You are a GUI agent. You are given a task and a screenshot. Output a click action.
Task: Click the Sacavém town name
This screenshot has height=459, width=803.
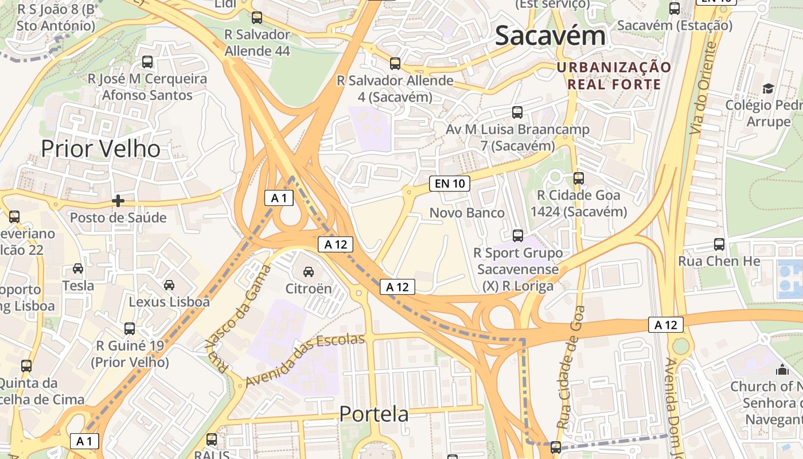(550, 36)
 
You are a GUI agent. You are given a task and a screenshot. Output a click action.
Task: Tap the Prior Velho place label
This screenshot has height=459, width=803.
(100, 149)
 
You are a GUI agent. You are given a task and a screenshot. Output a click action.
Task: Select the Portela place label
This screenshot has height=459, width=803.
(374, 414)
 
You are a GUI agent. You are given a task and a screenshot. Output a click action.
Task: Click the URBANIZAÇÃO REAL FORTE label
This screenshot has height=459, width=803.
(614, 76)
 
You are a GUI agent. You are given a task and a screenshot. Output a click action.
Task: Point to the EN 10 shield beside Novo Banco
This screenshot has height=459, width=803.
(450, 184)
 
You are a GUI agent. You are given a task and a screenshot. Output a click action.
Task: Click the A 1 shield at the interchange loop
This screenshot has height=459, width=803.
(279, 199)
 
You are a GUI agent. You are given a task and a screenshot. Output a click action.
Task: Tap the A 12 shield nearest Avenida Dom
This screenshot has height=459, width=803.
(666, 325)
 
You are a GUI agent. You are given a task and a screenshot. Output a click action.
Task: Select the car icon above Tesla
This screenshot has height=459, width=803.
(78, 269)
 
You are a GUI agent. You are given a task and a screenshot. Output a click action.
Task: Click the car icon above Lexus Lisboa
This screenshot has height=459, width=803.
(169, 285)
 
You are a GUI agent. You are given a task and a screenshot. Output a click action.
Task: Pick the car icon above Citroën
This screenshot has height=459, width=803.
(309, 271)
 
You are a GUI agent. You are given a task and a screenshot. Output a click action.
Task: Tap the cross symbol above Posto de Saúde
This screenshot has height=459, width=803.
(118, 201)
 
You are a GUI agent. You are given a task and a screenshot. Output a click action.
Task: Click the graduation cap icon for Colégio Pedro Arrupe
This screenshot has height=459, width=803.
(768, 88)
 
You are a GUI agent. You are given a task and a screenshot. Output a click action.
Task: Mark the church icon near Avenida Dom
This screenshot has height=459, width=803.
(782, 370)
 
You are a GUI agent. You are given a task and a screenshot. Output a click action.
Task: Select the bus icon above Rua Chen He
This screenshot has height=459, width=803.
(719, 244)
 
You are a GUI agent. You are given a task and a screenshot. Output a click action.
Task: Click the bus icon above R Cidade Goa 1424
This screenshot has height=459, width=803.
(578, 178)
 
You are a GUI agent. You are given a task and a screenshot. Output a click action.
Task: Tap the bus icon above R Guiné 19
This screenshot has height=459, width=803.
(130, 329)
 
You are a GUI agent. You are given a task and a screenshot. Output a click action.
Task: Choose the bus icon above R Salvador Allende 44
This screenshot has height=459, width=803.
(257, 18)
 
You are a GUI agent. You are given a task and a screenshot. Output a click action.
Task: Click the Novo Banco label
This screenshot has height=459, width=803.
(467, 213)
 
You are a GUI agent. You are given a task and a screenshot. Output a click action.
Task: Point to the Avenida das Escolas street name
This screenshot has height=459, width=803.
(305, 360)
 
